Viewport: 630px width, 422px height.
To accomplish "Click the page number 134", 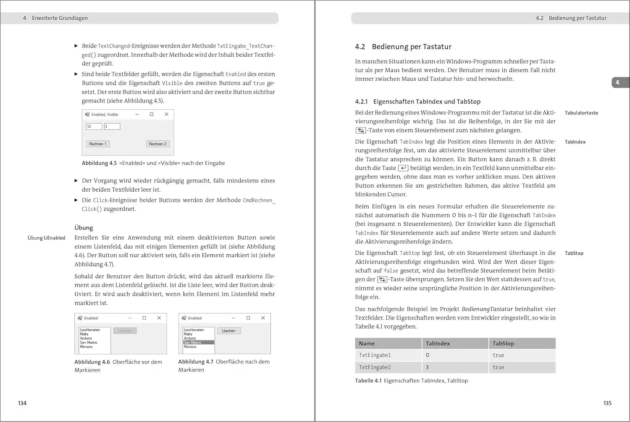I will [x=22, y=403].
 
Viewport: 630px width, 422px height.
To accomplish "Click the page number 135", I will [x=607, y=403].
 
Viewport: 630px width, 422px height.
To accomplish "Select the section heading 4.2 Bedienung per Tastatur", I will [x=403, y=47].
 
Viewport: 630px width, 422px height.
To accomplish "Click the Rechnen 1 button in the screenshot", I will [x=98, y=144].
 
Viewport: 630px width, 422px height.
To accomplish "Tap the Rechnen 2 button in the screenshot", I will [x=157, y=144].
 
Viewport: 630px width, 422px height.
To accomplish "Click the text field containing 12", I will [x=94, y=126].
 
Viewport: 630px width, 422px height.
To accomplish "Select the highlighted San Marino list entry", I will [x=199, y=343].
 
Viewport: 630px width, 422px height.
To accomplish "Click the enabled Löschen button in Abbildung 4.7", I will [x=228, y=331].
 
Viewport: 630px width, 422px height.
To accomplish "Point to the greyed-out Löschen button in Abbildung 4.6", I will [x=125, y=331].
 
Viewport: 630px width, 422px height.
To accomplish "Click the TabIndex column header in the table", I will [x=438, y=343].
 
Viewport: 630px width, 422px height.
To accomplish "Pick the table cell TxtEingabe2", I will [x=375, y=367].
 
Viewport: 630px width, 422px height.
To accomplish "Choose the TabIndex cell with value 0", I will [x=428, y=355].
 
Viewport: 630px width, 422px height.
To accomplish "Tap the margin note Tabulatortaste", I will [x=581, y=113].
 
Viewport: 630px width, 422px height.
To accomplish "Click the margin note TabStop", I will [x=574, y=253].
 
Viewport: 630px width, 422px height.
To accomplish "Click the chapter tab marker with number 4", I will [x=617, y=82].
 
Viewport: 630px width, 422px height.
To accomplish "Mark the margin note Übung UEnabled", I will [x=46, y=238].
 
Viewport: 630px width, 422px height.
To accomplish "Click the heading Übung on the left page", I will [x=84, y=228].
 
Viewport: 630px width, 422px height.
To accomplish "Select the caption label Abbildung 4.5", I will [x=99, y=163].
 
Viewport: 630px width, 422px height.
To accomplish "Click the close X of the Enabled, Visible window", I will [x=166, y=114].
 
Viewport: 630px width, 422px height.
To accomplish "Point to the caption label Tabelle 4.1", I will [x=368, y=381].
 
